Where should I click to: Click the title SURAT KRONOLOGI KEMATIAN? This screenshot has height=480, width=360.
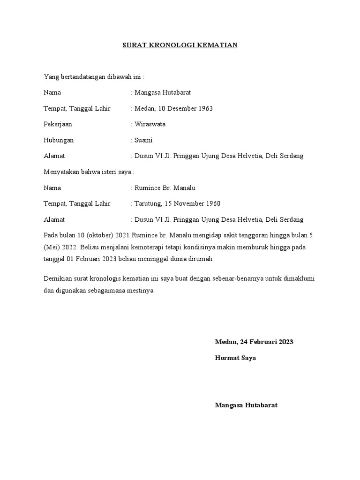point(180,45)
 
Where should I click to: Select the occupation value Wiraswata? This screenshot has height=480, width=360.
point(150,125)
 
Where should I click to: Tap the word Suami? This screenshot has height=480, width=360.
point(143,140)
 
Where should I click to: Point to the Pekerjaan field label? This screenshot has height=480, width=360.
point(58,125)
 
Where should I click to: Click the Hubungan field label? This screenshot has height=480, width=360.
point(59,140)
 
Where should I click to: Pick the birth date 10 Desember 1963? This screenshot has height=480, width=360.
point(186,109)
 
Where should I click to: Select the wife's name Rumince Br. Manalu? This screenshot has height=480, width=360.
point(165,188)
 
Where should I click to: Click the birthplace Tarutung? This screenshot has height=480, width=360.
point(148,203)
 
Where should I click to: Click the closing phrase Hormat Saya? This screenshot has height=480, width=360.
point(235,358)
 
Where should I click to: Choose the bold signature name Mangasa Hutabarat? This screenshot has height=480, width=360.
point(246,405)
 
